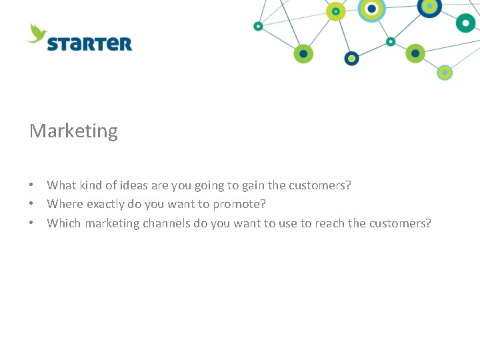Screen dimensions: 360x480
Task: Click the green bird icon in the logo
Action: click(x=37, y=33)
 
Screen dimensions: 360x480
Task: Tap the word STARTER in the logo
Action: click(x=89, y=44)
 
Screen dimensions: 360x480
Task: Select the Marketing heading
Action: click(x=73, y=131)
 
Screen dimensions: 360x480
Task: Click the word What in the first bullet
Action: click(x=61, y=185)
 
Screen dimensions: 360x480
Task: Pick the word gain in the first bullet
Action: click(x=252, y=185)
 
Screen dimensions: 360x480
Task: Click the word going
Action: click(x=209, y=185)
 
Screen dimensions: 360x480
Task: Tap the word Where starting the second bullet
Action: click(x=65, y=204)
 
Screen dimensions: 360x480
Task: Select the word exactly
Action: click(x=105, y=204)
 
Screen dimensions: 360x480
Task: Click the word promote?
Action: click(x=239, y=204)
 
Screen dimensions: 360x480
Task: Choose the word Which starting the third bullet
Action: click(x=64, y=223)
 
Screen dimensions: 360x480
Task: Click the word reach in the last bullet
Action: click(x=329, y=223)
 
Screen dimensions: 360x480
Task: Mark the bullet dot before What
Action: click(x=31, y=185)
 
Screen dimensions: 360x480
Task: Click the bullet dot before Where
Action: click(x=31, y=204)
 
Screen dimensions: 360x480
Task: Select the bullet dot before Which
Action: click(x=31, y=223)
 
